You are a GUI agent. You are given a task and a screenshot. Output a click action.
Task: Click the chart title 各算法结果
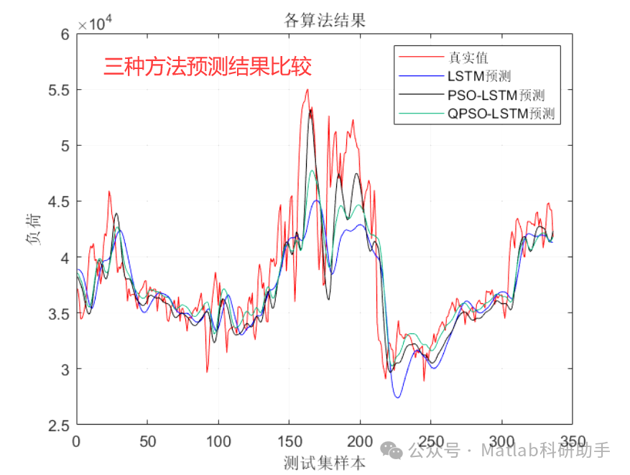pyautogui.click(x=325, y=21)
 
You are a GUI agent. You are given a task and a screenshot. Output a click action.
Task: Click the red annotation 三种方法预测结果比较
pyautogui.click(x=208, y=68)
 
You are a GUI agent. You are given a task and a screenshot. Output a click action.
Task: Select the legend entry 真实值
pyautogui.click(x=468, y=57)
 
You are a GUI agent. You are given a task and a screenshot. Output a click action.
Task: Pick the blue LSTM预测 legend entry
pyautogui.click(x=478, y=76)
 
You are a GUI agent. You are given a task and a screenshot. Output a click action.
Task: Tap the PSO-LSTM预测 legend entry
pyautogui.click(x=495, y=95)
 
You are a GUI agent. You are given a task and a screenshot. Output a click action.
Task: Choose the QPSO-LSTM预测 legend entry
pyautogui.click(x=501, y=114)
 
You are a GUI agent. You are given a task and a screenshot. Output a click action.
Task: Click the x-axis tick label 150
pyautogui.click(x=289, y=441)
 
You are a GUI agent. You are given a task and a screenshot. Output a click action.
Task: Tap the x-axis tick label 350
pyautogui.click(x=572, y=441)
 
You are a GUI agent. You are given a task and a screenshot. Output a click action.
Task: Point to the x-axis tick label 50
pyautogui.click(x=147, y=441)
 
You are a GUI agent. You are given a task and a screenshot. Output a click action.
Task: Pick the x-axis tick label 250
pyautogui.click(x=430, y=441)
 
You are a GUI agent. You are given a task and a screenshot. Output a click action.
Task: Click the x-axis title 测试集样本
pyautogui.click(x=325, y=462)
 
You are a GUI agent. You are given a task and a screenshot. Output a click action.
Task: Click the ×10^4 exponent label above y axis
pyautogui.click(x=96, y=24)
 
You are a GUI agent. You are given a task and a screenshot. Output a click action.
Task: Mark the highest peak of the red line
pyautogui.click(x=307, y=90)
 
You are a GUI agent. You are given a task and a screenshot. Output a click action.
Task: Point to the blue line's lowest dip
pyautogui.click(x=397, y=397)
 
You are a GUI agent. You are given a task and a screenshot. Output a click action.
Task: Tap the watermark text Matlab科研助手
pyautogui.click(x=545, y=451)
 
